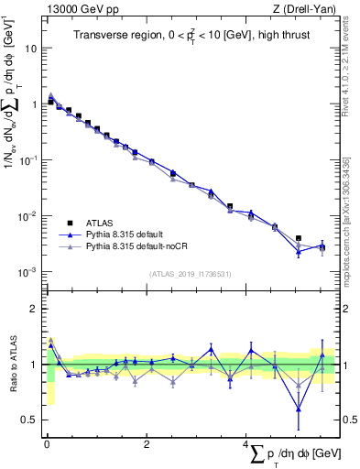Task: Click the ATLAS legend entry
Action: [100, 223]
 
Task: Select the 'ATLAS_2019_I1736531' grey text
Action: [191, 274]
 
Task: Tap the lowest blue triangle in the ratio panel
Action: [298, 409]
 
